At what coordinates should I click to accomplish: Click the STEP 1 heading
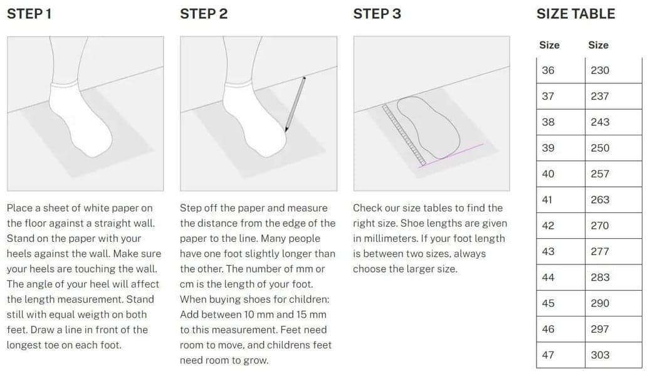pyautogui.click(x=29, y=14)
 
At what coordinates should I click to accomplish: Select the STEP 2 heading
pyautogui.click(x=204, y=14)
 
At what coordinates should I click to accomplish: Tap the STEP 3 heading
pyautogui.click(x=377, y=14)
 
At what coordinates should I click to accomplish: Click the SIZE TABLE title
pyautogui.click(x=575, y=14)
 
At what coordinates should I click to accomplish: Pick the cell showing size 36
pyautogui.click(x=560, y=70)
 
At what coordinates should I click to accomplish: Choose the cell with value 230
pyautogui.click(x=613, y=70)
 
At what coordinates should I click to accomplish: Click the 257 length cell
pyautogui.click(x=613, y=174)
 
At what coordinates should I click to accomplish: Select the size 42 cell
pyautogui.click(x=560, y=226)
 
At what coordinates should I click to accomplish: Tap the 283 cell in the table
pyautogui.click(x=613, y=278)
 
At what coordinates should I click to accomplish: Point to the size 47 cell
pyautogui.click(x=560, y=355)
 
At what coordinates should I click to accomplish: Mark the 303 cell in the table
pyautogui.click(x=613, y=355)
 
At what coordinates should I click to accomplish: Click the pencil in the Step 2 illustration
pyautogui.click(x=295, y=105)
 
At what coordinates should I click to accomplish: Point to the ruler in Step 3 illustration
pyautogui.click(x=404, y=135)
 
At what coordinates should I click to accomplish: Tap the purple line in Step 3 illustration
pyautogui.click(x=451, y=155)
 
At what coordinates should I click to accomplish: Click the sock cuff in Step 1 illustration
pyautogui.click(x=65, y=84)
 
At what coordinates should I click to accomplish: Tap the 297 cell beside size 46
pyautogui.click(x=613, y=329)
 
